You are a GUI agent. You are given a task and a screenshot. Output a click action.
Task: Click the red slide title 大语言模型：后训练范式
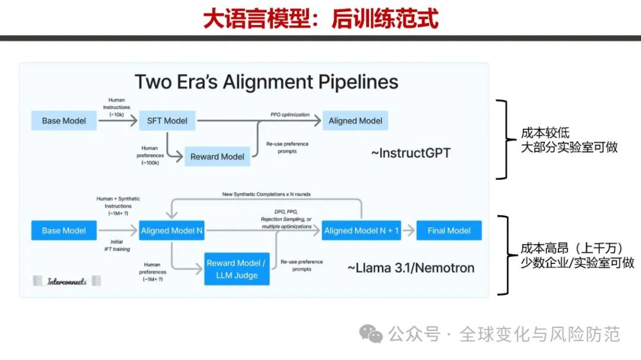(x=320, y=19)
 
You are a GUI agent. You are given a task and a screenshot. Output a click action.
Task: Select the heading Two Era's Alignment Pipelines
(x=266, y=81)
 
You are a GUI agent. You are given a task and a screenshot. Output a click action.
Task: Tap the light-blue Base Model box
(x=64, y=120)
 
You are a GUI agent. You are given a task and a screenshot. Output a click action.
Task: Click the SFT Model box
(x=167, y=120)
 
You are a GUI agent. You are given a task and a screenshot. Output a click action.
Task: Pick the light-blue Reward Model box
(x=217, y=157)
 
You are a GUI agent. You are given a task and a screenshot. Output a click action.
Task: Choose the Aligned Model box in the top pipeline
(x=356, y=120)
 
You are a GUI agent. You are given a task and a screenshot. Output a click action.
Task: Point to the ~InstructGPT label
(x=411, y=153)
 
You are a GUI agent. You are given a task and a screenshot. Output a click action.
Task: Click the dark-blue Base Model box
(x=64, y=231)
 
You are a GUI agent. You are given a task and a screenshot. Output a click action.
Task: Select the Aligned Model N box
(x=172, y=231)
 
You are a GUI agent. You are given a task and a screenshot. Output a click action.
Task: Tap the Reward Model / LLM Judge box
(x=237, y=269)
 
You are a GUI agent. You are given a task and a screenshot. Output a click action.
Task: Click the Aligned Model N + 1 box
(x=361, y=231)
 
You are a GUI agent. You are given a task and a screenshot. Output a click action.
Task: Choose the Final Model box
(x=449, y=231)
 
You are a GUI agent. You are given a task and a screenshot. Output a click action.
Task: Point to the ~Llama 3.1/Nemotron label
(x=411, y=267)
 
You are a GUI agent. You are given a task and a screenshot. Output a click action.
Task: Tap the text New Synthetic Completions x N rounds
(x=266, y=195)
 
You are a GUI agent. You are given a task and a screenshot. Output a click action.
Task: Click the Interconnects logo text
(x=67, y=282)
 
